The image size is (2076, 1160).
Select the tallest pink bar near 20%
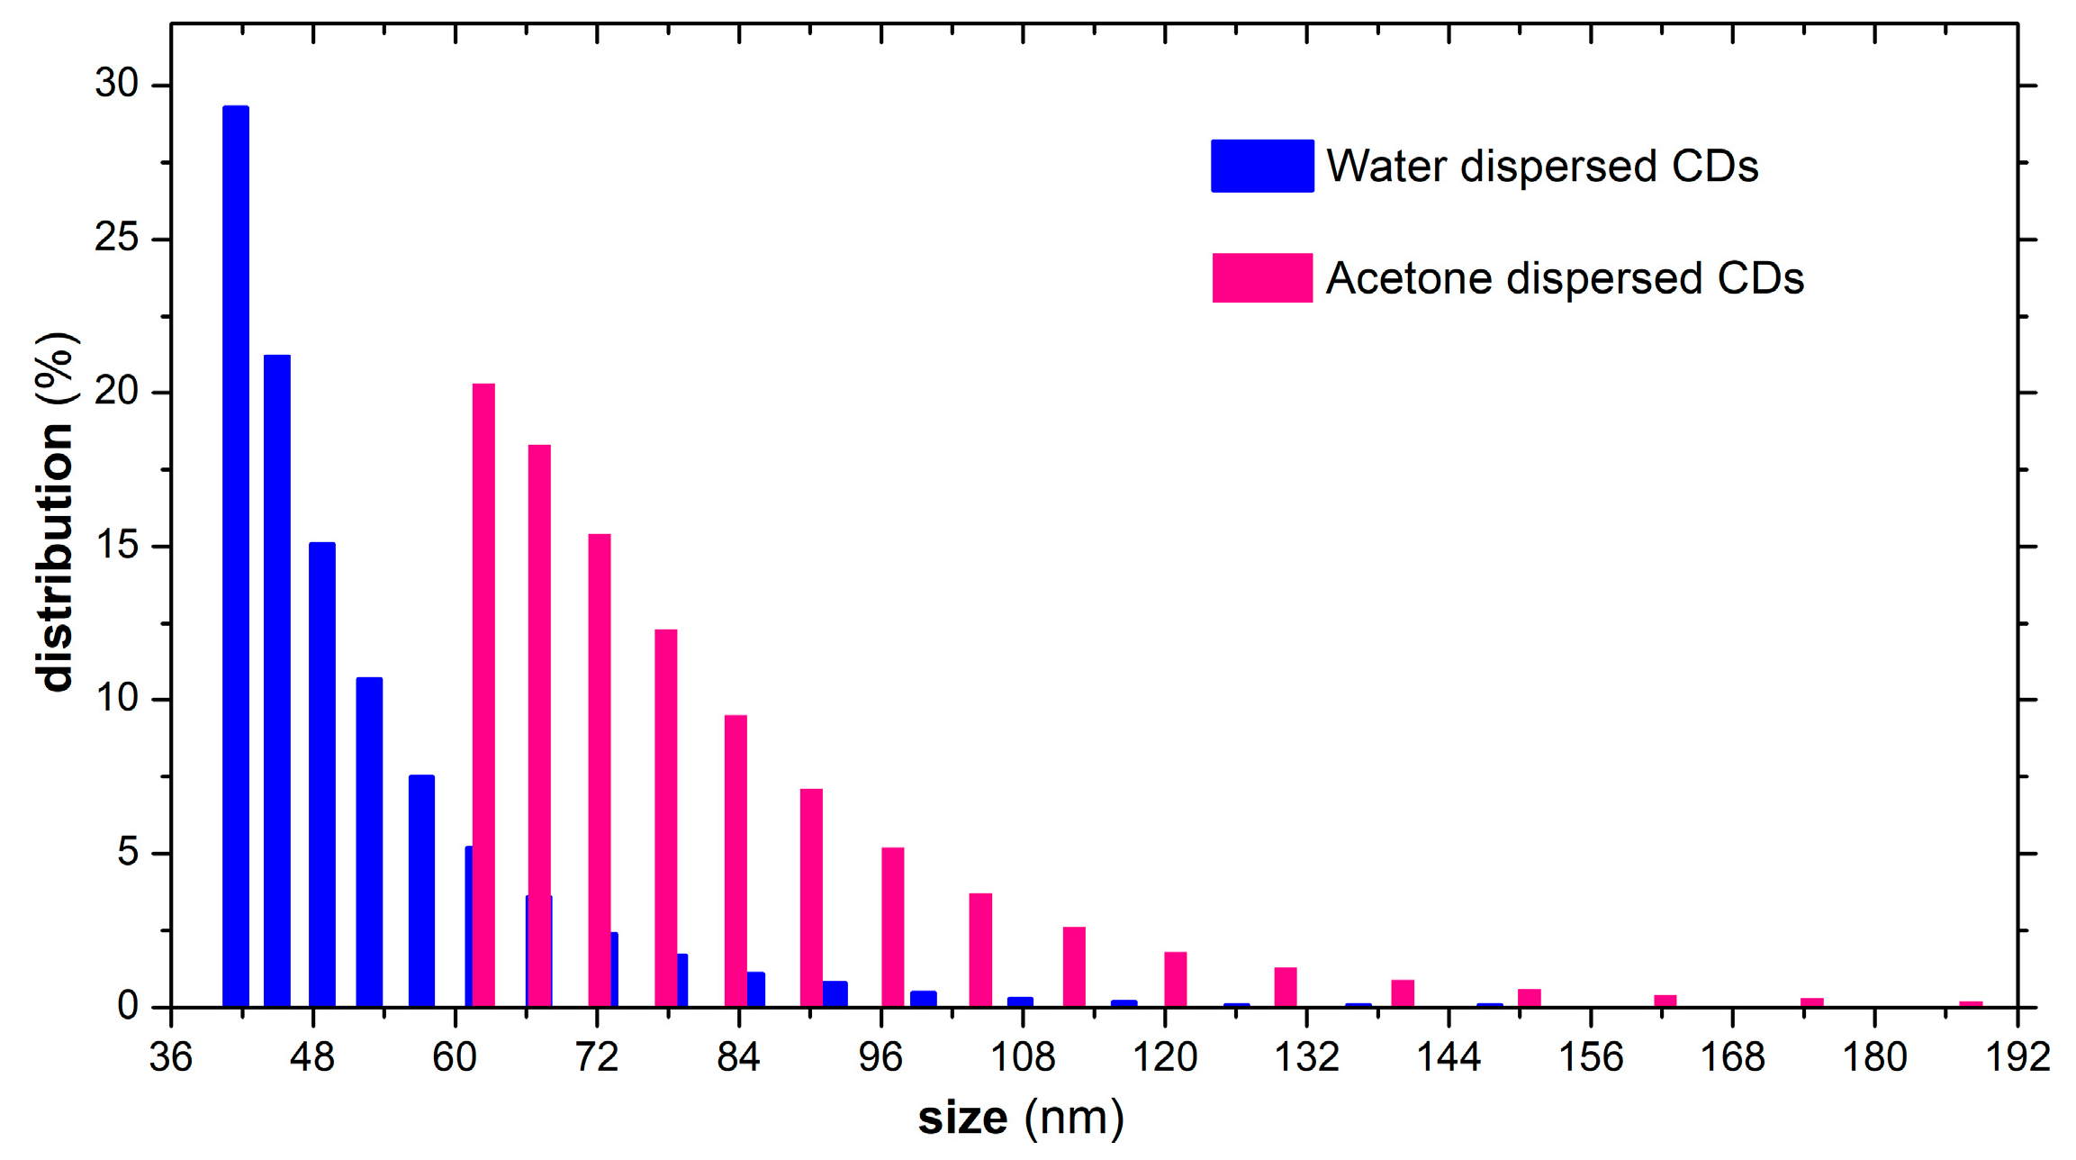coord(484,694)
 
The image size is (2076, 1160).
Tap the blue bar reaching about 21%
coord(277,680)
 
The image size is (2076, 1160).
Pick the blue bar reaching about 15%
coord(322,774)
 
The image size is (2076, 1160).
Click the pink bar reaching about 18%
coord(539,725)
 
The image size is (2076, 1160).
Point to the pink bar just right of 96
coord(893,927)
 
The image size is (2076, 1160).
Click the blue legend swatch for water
coord(1262,166)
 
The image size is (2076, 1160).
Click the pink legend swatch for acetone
coord(1262,277)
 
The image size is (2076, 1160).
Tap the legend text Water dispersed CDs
coord(1542,166)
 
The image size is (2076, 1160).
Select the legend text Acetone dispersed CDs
coord(1565,277)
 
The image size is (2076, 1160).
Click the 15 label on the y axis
coord(117,545)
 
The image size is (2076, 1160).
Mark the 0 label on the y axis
coord(128,1005)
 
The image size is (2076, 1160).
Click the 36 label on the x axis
coord(170,1056)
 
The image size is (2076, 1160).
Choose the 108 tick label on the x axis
coord(1023,1056)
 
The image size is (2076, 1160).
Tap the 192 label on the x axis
coord(2017,1056)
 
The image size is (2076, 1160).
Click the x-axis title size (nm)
coord(1021,1118)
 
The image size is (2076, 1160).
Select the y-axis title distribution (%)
coord(56,512)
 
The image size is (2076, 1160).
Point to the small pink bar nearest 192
coord(1971,1004)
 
